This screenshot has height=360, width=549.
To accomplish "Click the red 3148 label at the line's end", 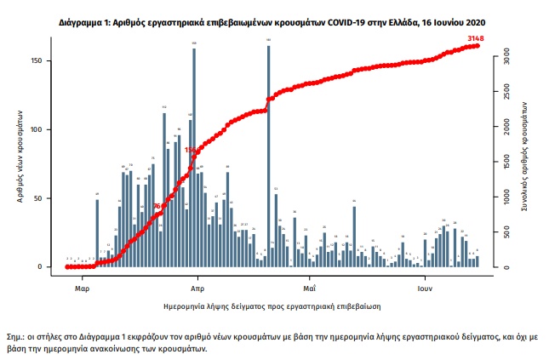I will [481, 38].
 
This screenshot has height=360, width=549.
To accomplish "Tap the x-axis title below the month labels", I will [272, 304].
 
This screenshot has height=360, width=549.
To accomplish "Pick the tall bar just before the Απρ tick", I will [194, 157].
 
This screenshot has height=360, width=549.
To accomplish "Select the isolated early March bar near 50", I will [97, 232].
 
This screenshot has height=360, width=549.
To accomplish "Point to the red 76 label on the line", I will [157, 206].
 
